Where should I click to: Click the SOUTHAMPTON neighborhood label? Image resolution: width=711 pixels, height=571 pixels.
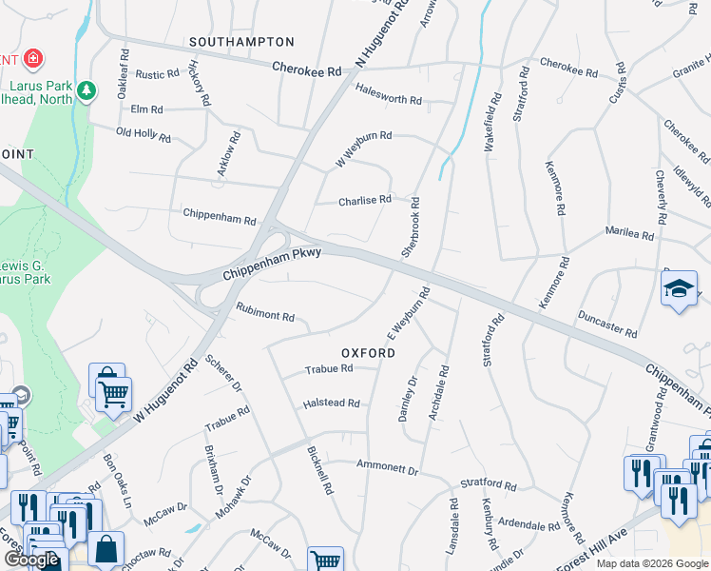tap(241, 42)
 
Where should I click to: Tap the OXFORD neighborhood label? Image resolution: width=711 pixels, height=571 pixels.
tap(362, 352)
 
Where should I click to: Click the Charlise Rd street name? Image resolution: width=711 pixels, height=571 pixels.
tap(365, 200)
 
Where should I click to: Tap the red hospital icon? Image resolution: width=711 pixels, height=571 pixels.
tap(33, 59)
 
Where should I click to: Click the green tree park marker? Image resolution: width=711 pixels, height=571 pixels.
tap(87, 90)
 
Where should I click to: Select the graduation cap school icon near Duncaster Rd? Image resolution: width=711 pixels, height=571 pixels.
tap(679, 289)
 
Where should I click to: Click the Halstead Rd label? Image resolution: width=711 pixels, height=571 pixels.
tap(331, 404)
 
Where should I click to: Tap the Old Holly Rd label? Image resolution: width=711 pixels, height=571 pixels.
tap(144, 135)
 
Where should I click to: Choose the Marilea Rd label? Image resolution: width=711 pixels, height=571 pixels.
tap(629, 234)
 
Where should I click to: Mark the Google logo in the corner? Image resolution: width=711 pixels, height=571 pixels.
tap(32, 560)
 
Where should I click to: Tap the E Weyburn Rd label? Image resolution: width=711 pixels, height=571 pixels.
tap(409, 314)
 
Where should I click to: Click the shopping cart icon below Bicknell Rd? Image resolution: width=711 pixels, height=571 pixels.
tap(326, 561)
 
